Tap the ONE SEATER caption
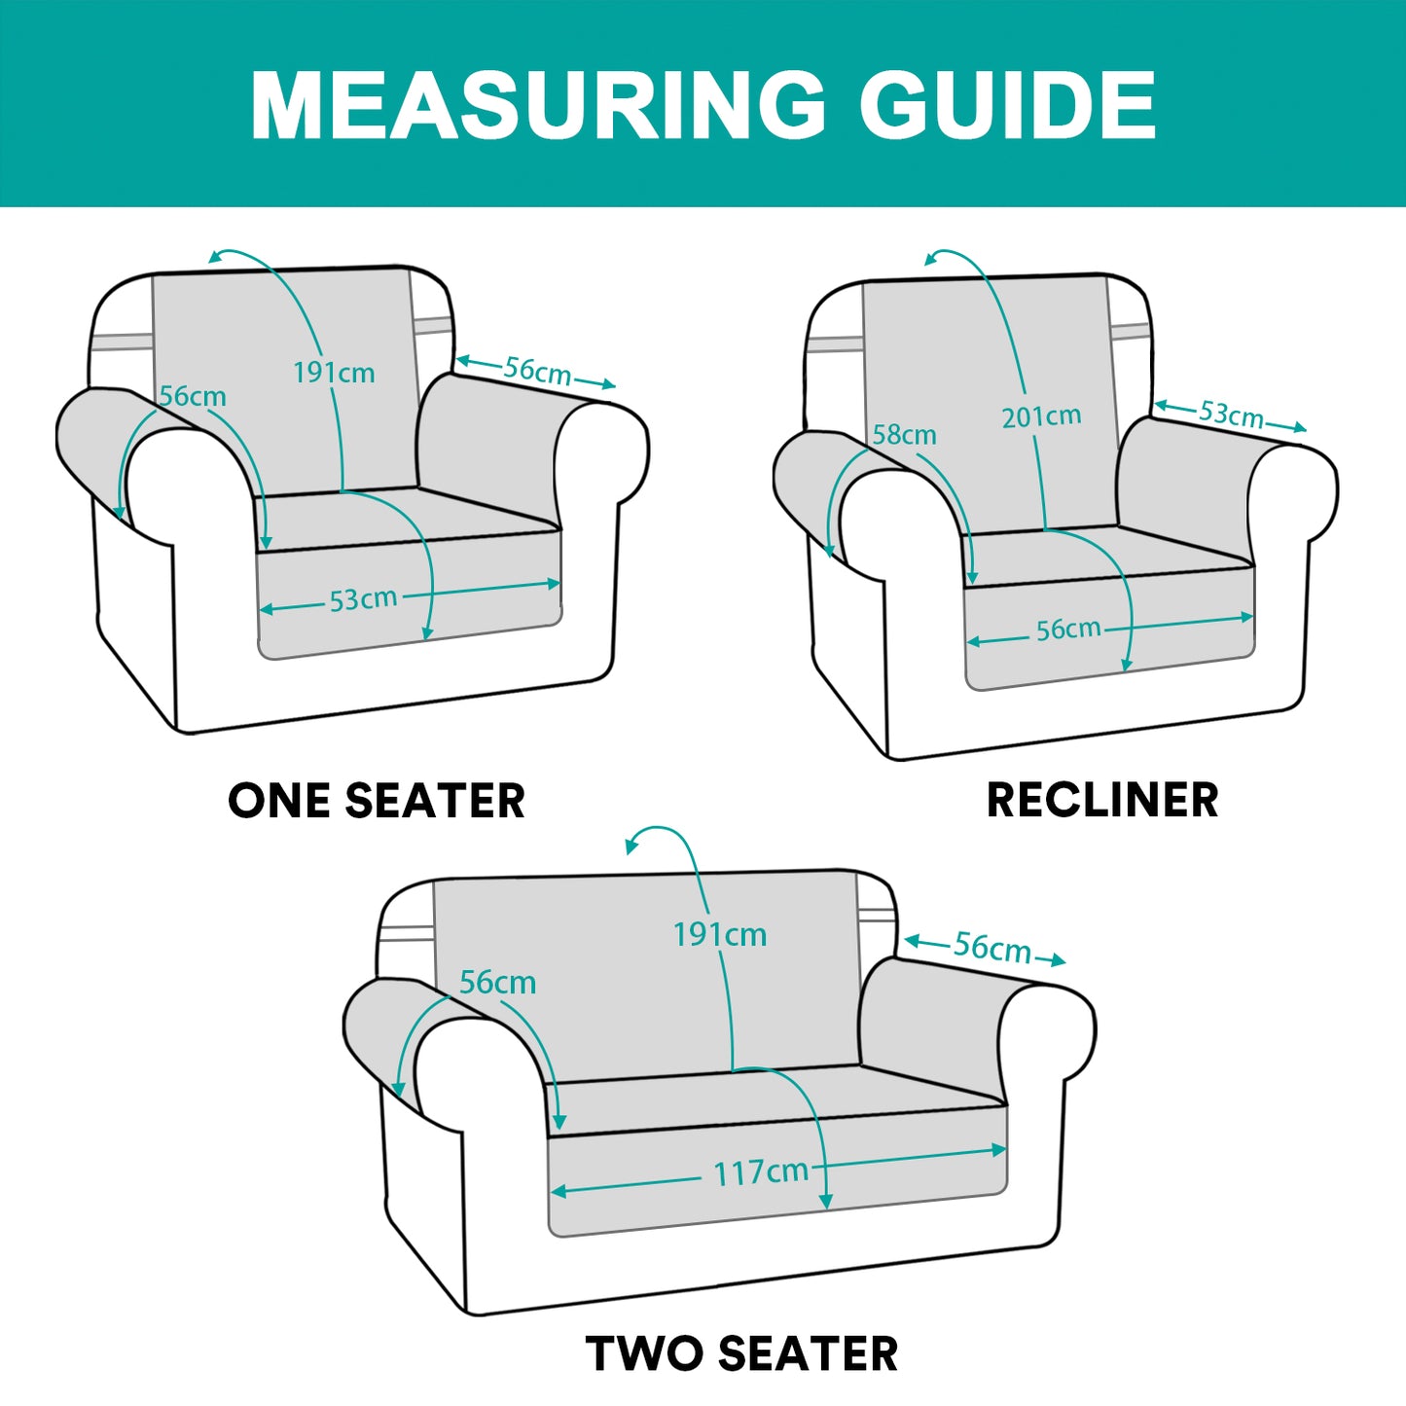(x=376, y=801)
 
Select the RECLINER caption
(x=1101, y=800)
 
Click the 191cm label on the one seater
(x=334, y=373)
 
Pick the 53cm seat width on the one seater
(x=363, y=599)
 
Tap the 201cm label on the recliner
(x=1041, y=416)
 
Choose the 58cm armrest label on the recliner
(x=905, y=435)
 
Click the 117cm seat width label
(x=761, y=1172)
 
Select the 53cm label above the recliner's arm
(x=1231, y=414)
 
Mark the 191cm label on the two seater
(x=720, y=935)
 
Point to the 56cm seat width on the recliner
(x=1069, y=629)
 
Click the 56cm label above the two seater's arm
(x=992, y=947)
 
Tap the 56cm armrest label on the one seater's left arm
(x=194, y=396)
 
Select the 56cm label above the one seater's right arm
(x=538, y=371)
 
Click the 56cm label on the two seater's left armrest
(x=497, y=983)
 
